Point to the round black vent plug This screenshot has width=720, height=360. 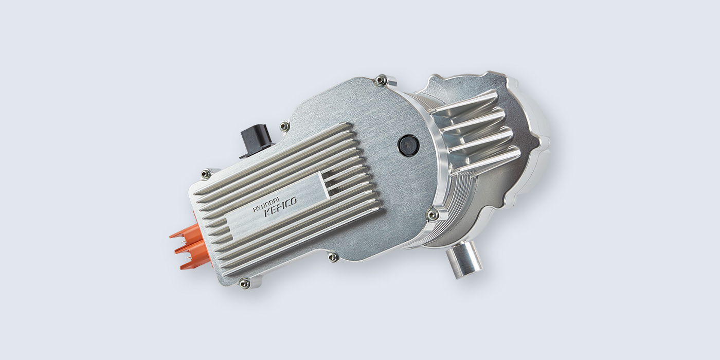pyautogui.click(x=409, y=146)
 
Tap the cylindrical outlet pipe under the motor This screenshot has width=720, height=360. pyautogui.click(x=464, y=261)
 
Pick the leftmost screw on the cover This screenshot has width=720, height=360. pyautogui.click(x=206, y=174)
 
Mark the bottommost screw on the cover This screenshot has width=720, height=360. pyautogui.click(x=245, y=282)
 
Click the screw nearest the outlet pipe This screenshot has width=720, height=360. pyautogui.click(x=433, y=214)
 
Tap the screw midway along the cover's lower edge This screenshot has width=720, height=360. pyautogui.click(x=333, y=256)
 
